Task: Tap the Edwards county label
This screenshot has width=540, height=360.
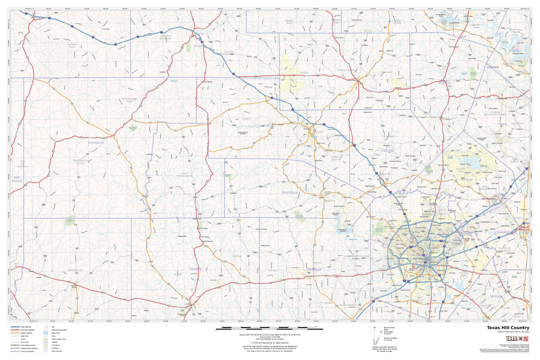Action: (96, 142)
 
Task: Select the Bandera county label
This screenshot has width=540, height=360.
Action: (290, 193)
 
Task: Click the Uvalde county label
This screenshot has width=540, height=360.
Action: (195, 267)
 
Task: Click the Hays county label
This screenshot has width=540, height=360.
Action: (502, 123)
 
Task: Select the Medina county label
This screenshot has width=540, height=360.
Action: (314, 269)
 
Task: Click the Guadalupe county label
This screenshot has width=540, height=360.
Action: (506, 232)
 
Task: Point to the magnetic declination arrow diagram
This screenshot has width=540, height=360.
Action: (375, 335)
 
